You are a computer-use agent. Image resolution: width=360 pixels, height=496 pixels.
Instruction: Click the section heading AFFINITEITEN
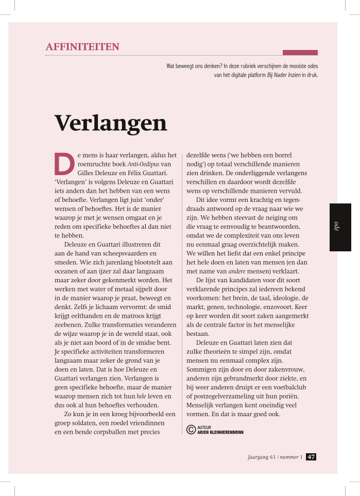click(82, 47)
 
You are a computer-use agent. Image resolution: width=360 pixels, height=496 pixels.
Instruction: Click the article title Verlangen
click(111, 123)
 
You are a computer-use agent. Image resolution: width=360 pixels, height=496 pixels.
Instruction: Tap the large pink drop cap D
click(63, 163)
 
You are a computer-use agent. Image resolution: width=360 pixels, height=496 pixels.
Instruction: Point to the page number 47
click(311, 457)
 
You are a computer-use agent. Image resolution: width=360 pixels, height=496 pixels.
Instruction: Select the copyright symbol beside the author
click(191, 430)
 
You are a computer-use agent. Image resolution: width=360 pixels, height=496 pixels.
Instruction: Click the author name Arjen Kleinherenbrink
click(220, 432)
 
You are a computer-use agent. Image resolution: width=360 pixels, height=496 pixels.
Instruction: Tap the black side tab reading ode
click(340, 227)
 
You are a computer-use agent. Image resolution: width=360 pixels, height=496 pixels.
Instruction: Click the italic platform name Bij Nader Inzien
click(283, 75)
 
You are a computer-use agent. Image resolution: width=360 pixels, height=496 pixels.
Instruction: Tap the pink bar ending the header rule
click(300, 53)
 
